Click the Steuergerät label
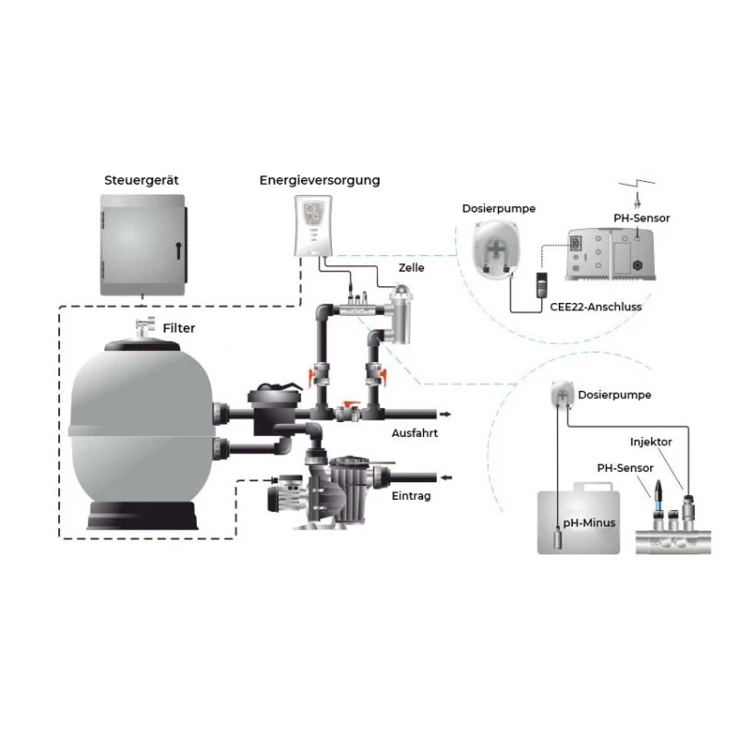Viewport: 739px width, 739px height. (141, 180)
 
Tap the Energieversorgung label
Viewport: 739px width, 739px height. (320, 180)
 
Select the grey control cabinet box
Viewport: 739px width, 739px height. (143, 245)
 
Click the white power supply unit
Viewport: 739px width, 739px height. (313, 225)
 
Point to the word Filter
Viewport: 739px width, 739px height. (178, 328)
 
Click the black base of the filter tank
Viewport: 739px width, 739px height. (142, 515)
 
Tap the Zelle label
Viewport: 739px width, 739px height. (411, 268)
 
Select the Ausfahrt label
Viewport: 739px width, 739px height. (415, 433)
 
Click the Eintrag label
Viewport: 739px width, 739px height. (411, 496)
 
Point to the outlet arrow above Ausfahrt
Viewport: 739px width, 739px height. (446, 414)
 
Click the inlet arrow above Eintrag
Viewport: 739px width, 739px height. (446, 478)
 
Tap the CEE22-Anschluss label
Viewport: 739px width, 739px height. (596, 307)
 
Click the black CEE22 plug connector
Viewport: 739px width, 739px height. (542, 285)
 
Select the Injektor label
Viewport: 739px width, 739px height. (651, 442)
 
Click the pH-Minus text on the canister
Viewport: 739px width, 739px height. (589, 523)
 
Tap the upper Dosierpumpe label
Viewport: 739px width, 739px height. (499, 209)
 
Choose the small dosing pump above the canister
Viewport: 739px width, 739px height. (563, 394)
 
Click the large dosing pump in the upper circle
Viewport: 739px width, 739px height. (496, 248)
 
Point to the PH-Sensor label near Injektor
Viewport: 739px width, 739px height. (625, 468)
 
